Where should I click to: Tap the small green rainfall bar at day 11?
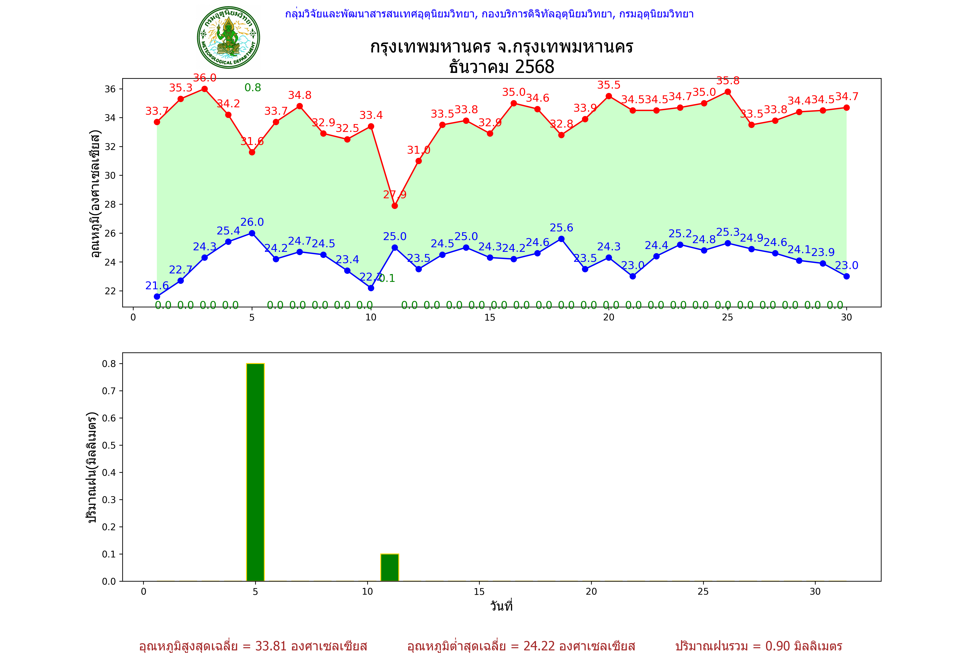[x=390, y=567]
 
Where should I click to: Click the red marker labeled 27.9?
[x=395, y=206]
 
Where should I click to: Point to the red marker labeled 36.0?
[x=204, y=89]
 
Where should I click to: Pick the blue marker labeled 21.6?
[x=157, y=296]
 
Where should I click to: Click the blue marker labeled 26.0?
[x=252, y=233]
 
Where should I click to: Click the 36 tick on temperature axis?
[x=110, y=89]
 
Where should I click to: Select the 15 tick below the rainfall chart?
[x=479, y=591]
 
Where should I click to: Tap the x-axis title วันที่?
[x=501, y=606]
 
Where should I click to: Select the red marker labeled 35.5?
[x=609, y=96]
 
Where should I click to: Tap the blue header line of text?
[x=489, y=14]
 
